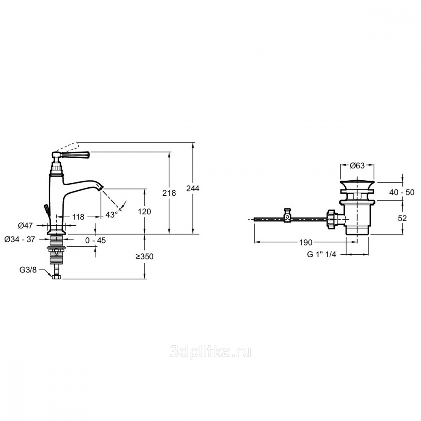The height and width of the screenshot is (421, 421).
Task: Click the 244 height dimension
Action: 193,189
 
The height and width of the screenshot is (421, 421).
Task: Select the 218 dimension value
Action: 169,193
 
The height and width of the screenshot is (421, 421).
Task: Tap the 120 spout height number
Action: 144,212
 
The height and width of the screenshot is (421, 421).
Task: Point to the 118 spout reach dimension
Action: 78,217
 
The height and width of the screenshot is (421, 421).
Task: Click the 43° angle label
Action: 112,215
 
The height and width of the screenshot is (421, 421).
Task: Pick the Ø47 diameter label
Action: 25,226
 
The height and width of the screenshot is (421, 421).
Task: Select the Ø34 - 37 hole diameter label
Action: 20,239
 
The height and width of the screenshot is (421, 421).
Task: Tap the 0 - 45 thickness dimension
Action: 96,240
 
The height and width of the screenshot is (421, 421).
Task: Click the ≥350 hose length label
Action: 144,256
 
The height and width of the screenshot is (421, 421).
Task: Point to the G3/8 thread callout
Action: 28,270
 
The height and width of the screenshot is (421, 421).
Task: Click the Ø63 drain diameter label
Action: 357,165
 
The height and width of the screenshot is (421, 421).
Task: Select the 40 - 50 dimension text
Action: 402,192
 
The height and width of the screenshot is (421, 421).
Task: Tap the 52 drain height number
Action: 402,218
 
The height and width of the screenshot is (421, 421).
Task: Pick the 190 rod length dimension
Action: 306,242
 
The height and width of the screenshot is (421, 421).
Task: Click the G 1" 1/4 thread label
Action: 322,254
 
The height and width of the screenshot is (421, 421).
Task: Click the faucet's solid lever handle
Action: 76,155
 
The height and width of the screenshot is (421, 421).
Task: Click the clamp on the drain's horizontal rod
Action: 288,215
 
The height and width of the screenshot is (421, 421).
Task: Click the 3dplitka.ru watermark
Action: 211,352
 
